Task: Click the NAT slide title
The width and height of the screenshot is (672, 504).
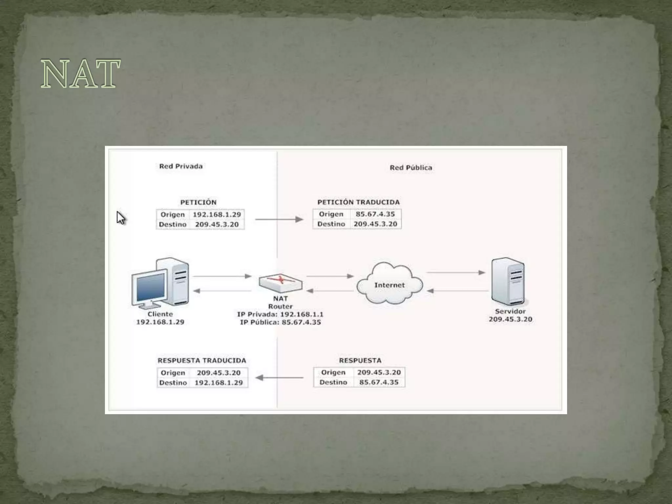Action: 80,74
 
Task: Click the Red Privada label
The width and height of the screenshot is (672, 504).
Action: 181,166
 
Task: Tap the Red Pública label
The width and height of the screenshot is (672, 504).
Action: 411,168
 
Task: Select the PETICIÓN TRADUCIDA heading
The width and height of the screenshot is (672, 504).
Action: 358,202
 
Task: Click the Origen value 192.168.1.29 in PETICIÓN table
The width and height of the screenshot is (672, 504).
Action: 217,215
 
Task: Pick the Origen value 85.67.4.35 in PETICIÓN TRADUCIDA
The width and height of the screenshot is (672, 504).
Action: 375,214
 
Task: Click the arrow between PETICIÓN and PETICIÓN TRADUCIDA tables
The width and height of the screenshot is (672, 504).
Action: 279,219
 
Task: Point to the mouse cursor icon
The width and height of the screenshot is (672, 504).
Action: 121,218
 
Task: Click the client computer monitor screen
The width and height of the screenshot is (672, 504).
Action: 150,287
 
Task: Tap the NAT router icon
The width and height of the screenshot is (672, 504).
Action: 281,283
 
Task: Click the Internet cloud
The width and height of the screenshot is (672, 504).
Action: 389,284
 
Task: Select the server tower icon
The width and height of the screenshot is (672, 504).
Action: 508,282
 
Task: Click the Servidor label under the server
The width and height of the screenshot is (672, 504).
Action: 510,311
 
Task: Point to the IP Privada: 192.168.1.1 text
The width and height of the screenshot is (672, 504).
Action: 280,314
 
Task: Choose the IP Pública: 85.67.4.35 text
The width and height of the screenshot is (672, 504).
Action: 280,322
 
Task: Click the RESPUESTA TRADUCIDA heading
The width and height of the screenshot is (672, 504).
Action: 202,361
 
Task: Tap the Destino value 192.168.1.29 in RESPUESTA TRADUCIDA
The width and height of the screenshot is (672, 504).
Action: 219,383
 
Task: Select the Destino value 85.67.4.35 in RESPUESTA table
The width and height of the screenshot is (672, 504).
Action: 379,382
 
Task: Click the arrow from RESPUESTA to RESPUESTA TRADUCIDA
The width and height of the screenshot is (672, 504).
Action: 279,378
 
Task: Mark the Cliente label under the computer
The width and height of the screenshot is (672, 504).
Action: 160,314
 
